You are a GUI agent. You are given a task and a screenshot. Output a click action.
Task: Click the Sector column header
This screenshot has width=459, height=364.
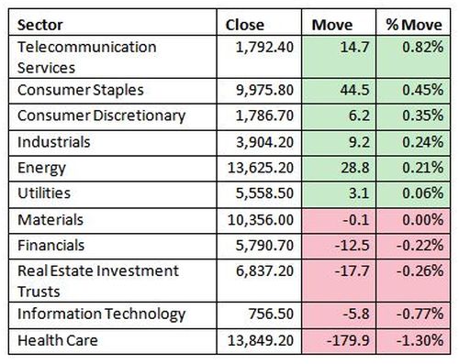coord(40,25)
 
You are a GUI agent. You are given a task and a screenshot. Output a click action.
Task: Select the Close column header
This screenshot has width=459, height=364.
coord(245,25)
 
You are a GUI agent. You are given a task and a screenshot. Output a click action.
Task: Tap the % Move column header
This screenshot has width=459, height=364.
coord(414,25)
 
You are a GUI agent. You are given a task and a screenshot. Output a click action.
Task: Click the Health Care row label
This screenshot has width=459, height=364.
coord(58,340)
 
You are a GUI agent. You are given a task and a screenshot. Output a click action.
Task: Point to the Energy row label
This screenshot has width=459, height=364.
coord(41,168)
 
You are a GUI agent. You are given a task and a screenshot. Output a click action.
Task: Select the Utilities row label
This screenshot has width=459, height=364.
coord(44,193)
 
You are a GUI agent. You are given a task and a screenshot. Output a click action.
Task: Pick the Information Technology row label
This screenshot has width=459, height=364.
coord(102,314)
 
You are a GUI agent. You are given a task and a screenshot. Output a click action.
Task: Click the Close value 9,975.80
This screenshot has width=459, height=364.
coord(264,90)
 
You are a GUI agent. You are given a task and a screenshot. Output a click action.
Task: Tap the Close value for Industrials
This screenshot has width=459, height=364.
coord(264,142)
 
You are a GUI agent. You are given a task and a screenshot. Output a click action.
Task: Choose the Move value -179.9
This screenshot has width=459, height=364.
coord(348,340)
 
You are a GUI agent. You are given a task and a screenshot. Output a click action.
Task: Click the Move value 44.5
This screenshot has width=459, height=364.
coord(355,90)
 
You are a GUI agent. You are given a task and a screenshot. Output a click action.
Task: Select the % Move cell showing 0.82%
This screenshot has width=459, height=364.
coord(422,47)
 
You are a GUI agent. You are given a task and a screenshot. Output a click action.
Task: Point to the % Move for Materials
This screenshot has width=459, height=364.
coord(422,220)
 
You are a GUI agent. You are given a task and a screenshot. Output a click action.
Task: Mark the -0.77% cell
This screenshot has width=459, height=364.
coord(420,314)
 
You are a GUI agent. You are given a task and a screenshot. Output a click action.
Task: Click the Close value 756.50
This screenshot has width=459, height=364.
coord(271,314)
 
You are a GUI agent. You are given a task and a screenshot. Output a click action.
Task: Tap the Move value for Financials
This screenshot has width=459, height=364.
coord(353,246)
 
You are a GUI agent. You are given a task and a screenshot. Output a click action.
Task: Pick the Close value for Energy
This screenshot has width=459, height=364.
coord(261,168)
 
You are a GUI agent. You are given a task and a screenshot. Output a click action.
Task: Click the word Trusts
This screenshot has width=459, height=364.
coord(39,292)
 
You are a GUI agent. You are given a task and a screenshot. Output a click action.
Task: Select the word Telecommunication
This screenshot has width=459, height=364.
coord(87,47)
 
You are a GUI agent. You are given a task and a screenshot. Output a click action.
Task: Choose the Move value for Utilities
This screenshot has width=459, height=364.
coord(359,193)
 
